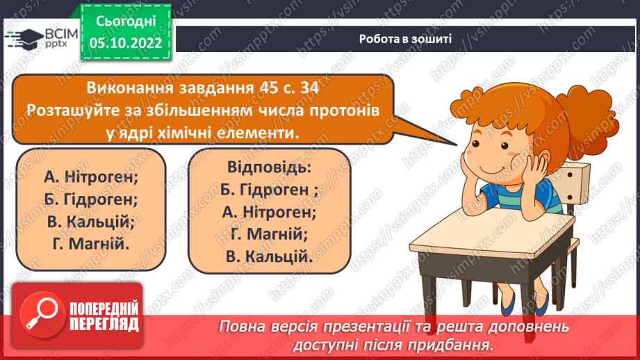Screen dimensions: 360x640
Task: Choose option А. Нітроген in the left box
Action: click(90, 177)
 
